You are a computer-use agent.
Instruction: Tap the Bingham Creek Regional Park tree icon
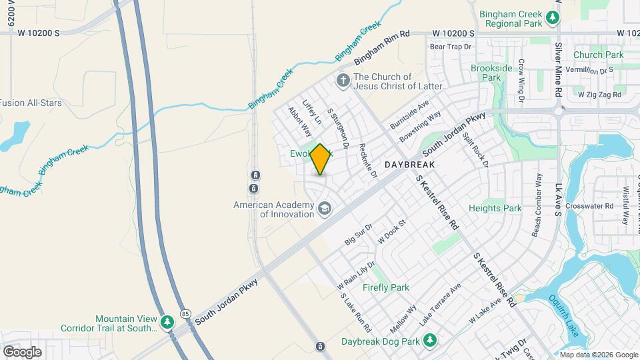click(553, 17)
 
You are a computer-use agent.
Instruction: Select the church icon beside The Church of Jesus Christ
click(343, 81)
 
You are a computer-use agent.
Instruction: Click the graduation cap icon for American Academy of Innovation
click(325, 209)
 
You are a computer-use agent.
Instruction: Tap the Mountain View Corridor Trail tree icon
click(167, 323)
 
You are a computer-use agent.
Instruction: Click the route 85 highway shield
click(185, 313)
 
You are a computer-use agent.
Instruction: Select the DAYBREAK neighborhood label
click(410, 165)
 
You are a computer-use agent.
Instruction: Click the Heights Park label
click(495, 208)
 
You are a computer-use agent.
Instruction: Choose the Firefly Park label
click(385, 287)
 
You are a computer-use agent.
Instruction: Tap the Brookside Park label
click(491, 73)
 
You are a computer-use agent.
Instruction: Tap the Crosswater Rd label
click(589, 206)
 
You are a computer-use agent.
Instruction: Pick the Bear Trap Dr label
click(451, 47)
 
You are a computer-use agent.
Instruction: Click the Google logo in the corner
click(22, 351)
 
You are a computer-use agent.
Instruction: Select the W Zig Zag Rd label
click(600, 95)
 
